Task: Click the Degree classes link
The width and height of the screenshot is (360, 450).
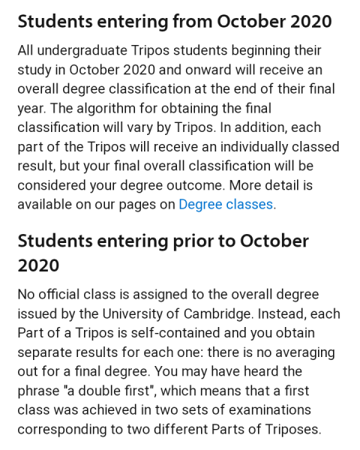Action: (226, 203)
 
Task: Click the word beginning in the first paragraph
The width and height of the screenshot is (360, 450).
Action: (257, 51)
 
